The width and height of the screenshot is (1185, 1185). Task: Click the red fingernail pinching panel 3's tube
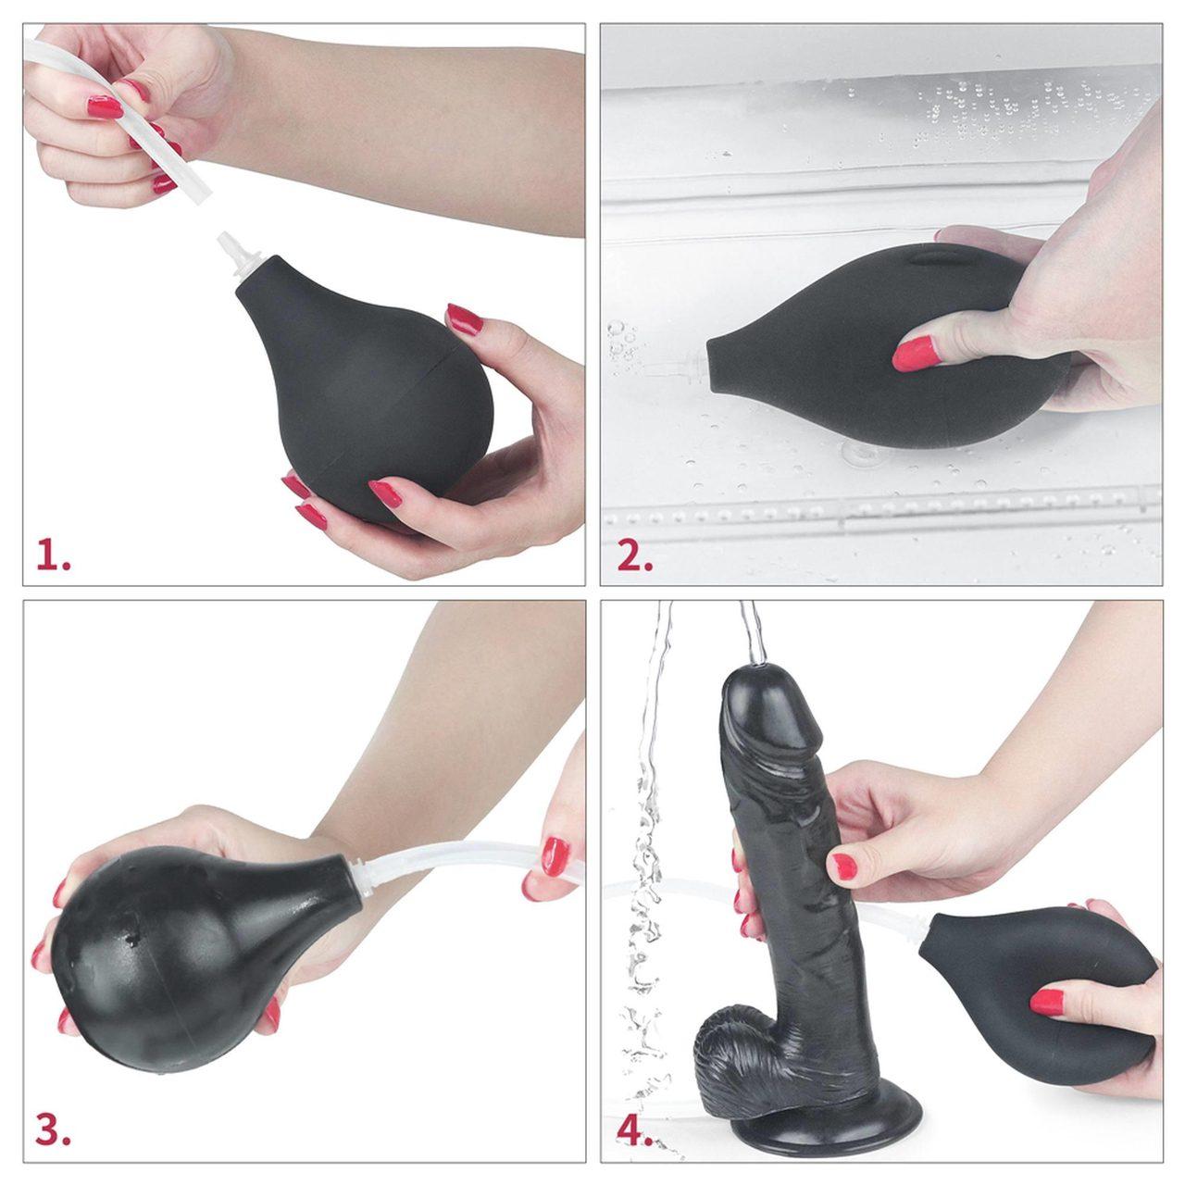555,853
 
